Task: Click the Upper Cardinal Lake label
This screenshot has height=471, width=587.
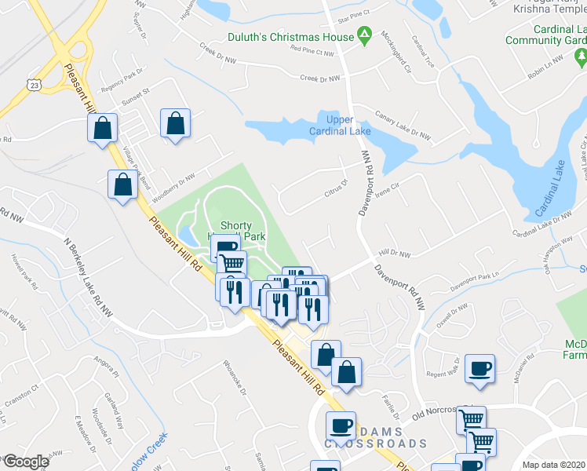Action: (348, 125)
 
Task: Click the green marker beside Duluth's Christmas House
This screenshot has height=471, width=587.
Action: (364, 35)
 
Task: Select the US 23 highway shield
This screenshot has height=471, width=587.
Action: (33, 83)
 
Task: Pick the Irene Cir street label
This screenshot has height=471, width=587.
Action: (389, 189)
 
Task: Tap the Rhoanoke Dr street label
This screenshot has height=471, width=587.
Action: (235, 381)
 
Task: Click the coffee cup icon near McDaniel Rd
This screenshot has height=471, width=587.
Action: (479, 367)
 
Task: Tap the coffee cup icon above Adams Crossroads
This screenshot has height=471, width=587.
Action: (341, 425)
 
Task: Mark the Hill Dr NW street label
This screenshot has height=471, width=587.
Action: (395, 254)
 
